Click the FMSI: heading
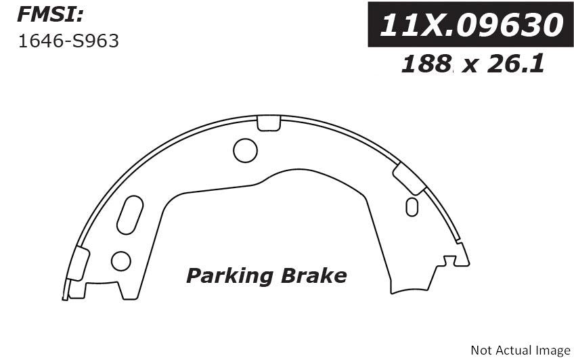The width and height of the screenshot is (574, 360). click(x=51, y=15)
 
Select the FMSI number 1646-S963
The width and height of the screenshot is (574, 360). click(x=68, y=41)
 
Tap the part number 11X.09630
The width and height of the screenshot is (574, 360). click(x=471, y=24)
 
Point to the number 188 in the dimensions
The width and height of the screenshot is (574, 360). click(x=426, y=64)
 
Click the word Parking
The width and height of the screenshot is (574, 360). click(x=229, y=276)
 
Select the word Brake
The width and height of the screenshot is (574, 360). click(x=313, y=275)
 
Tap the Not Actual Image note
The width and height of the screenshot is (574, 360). click(x=520, y=350)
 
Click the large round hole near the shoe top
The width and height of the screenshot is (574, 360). click(x=245, y=150)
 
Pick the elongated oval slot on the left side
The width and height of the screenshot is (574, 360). click(x=130, y=215)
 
